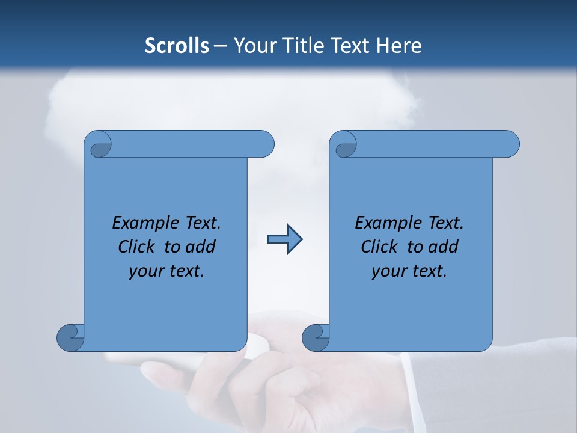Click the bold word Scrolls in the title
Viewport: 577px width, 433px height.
coord(177,46)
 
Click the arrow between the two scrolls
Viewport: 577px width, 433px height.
coord(284,239)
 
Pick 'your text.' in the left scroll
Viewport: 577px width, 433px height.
coord(166,271)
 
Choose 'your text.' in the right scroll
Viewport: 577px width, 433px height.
coord(409,271)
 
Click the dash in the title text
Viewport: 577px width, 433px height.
coord(221,46)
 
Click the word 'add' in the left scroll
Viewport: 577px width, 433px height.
coord(201,247)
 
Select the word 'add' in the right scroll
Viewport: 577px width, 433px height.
coord(444,247)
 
